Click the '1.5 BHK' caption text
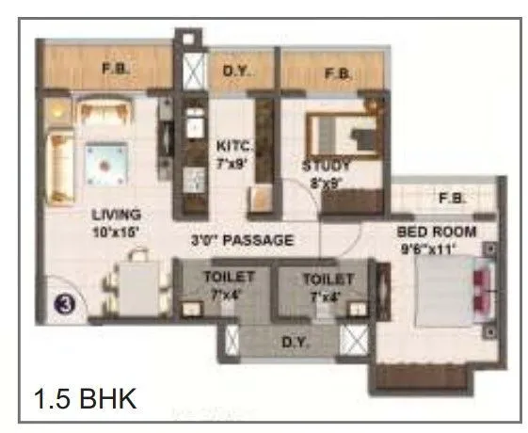[x=86, y=397]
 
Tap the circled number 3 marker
[x=63, y=305]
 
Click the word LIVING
[x=117, y=214]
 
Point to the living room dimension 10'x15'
[x=117, y=229]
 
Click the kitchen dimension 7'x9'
[x=232, y=161]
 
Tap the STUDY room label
[x=327, y=167]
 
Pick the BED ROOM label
[x=436, y=232]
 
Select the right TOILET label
[x=328, y=279]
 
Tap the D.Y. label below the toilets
[x=292, y=342]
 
